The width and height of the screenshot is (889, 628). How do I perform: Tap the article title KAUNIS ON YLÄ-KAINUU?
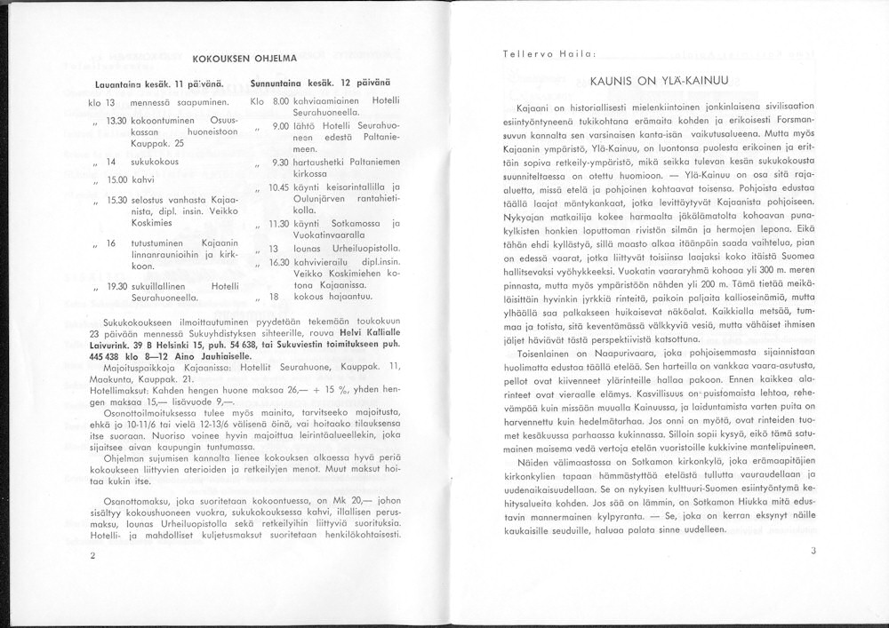pos(659,81)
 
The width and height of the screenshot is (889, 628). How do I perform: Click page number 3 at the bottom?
pos(813,551)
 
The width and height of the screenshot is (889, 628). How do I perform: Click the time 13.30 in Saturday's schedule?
pos(116,120)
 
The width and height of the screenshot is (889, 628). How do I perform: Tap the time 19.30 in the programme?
pos(116,286)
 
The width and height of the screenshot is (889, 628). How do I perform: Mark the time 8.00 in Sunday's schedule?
pos(281,102)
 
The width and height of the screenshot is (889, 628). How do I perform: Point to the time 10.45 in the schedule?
pos(279,187)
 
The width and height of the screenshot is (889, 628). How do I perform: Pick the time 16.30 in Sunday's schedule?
pos(281,261)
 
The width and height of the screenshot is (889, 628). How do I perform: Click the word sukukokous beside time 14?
pos(156,163)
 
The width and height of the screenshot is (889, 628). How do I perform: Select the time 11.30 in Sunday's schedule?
pos(279,224)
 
